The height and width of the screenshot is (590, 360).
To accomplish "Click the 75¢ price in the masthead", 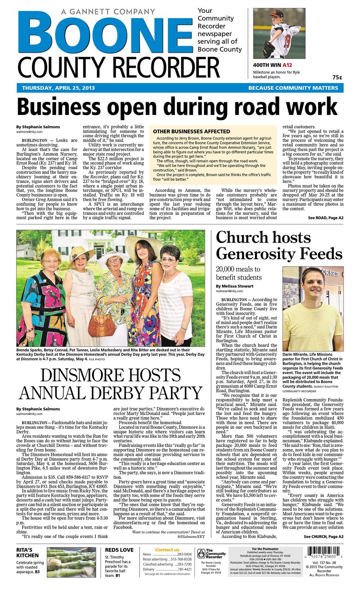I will tap(337, 77).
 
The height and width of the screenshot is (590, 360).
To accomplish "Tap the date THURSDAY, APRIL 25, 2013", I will tap(58, 88).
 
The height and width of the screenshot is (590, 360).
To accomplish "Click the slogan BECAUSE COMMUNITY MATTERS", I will tap(293, 88).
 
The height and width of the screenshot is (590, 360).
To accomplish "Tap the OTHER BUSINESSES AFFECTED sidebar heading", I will tap(191, 131).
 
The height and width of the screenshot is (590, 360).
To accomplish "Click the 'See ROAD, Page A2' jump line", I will tap(325, 218).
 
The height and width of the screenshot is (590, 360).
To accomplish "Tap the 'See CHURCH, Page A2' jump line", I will tap(323, 537).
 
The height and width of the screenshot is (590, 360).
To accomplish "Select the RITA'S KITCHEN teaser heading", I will tap(28, 553).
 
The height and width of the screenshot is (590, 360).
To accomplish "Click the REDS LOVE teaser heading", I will tap(119, 550).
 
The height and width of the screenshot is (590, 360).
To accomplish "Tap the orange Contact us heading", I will tap(167, 549).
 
